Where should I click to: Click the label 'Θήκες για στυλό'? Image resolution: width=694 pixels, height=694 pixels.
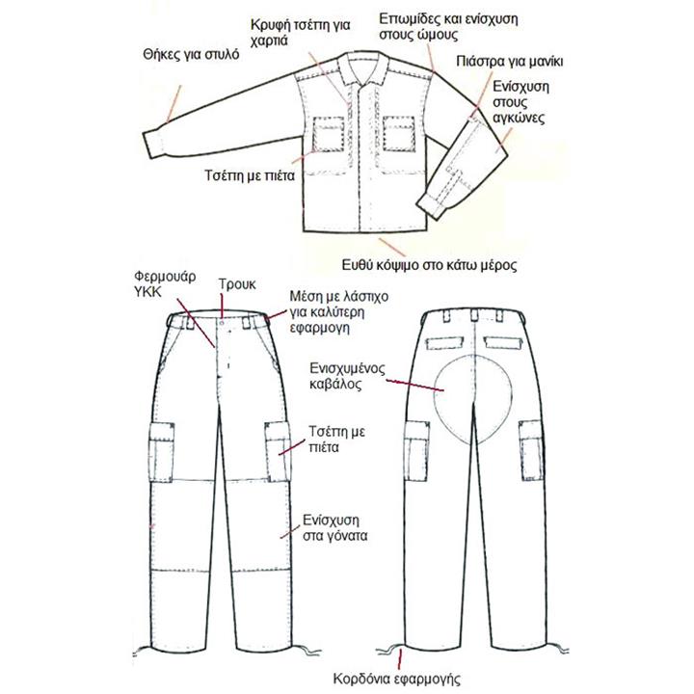pyautogui.click(x=191, y=55)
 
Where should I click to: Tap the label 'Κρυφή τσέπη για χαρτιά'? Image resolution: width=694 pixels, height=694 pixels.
pyautogui.click(x=300, y=33)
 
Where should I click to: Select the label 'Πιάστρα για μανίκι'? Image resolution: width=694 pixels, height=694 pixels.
pyautogui.click(x=510, y=61)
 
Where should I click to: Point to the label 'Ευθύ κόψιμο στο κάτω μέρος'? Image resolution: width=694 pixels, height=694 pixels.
pyautogui.click(x=429, y=265)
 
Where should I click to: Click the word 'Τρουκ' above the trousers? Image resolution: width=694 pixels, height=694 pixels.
pyautogui.click(x=237, y=284)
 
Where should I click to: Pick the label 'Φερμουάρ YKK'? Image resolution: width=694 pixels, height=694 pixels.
pyautogui.click(x=165, y=284)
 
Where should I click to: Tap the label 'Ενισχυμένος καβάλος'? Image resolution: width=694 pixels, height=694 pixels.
pyautogui.click(x=347, y=376)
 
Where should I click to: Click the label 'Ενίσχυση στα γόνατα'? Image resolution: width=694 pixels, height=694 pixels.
pyautogui.click(x=335, y=527)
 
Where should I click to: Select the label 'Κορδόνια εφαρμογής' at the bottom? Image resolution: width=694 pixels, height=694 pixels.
pyautogui.click(x=396, y=679)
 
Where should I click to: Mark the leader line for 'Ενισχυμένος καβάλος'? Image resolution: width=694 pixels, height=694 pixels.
pyautogui.click(x=414, y=385)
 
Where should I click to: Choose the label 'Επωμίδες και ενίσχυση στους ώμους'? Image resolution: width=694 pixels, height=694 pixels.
pyautogui.click(x=448, y=27)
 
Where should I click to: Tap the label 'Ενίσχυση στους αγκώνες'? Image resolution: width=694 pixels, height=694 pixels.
pyautogui.click(x=520, y=102)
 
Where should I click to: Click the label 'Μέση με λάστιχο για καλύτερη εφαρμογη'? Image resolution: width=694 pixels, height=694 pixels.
pyautogui.click(x=339, y=312)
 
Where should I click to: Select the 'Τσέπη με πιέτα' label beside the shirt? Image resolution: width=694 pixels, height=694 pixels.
pyautogui.click(x=250, y=175)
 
